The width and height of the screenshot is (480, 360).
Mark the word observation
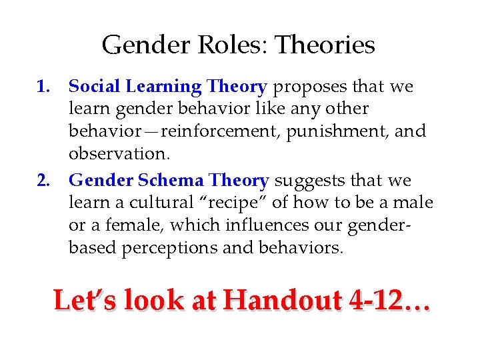click(x=119, y=153)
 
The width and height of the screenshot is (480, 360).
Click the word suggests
click(x=307, y=181)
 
